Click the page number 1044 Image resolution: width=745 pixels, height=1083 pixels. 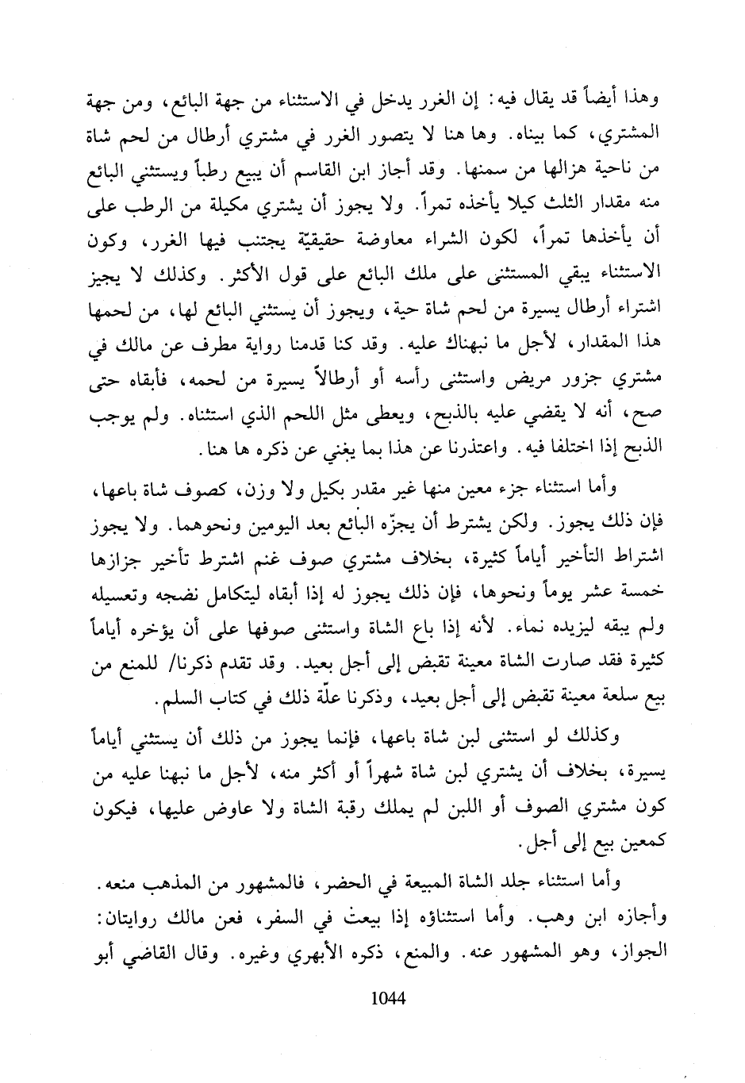tap(388, 996)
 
